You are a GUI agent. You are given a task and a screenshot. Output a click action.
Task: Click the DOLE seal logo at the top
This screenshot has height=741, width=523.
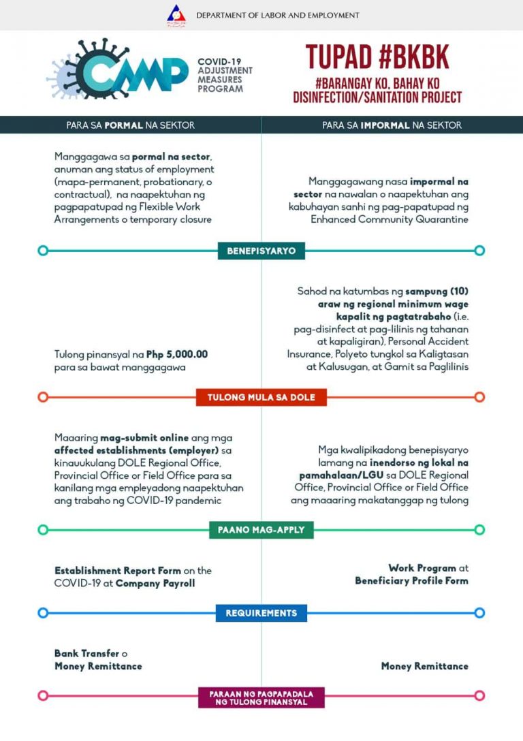(x=176, y=15)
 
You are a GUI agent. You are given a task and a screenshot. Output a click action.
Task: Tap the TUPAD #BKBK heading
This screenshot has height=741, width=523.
(x=377, y=57)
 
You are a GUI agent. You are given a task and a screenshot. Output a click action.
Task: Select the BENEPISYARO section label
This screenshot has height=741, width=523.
(x=261, y=251)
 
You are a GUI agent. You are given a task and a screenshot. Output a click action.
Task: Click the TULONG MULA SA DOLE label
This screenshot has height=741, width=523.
(x=261, y=397)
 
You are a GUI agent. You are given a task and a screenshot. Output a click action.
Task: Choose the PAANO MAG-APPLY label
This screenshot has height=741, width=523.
(x=261, y=530)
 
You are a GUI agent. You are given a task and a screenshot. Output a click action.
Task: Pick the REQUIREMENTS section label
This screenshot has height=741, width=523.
(x=261, y=613)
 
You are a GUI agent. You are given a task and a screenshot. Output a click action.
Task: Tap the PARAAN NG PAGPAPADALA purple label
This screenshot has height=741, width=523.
(x=261, y=697)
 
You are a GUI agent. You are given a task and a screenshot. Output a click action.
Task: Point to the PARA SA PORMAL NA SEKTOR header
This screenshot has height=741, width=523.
(x=130, y=125)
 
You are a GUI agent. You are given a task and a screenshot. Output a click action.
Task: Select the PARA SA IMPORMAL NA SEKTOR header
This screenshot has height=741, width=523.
(x=392, y=125)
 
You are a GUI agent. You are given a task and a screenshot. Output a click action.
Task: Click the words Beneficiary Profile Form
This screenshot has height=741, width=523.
(x=411, y=581)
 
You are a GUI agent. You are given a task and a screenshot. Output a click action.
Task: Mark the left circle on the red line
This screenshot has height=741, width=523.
(x=43, y=397)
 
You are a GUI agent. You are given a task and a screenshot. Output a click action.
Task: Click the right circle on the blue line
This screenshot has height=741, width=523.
(x=479, y=613)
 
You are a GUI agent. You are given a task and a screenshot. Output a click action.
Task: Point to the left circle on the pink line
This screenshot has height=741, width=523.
(x=43, y=695)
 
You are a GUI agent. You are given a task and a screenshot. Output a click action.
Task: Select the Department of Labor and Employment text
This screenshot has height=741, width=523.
(x=277, y=15)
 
